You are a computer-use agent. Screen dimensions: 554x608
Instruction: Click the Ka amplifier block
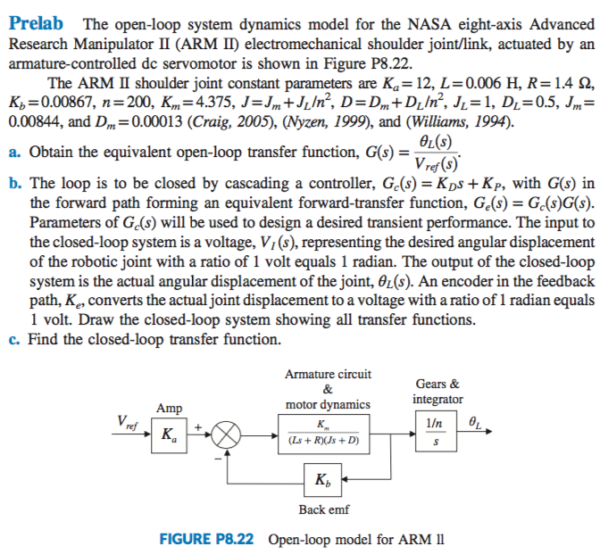coord(167,436)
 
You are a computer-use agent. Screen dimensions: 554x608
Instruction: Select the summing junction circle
coord(226,436)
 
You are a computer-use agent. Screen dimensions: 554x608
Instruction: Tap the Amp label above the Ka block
coord(169,409)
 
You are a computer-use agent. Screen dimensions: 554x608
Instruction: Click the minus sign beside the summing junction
coord(215,458)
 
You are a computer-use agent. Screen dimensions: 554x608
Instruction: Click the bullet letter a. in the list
coord(15,152)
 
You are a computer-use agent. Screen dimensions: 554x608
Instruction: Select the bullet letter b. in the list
coord(15,183)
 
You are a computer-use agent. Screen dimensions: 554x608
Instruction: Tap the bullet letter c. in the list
coord(15,339)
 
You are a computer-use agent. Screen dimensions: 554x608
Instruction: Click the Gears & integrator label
coord(437,391)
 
